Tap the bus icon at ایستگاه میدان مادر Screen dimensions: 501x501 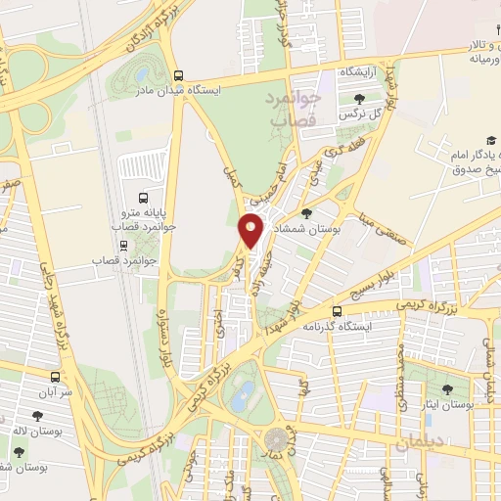(178, 75)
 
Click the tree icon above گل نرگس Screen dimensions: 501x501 (360, 98)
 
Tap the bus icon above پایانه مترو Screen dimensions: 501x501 (143, 196)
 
